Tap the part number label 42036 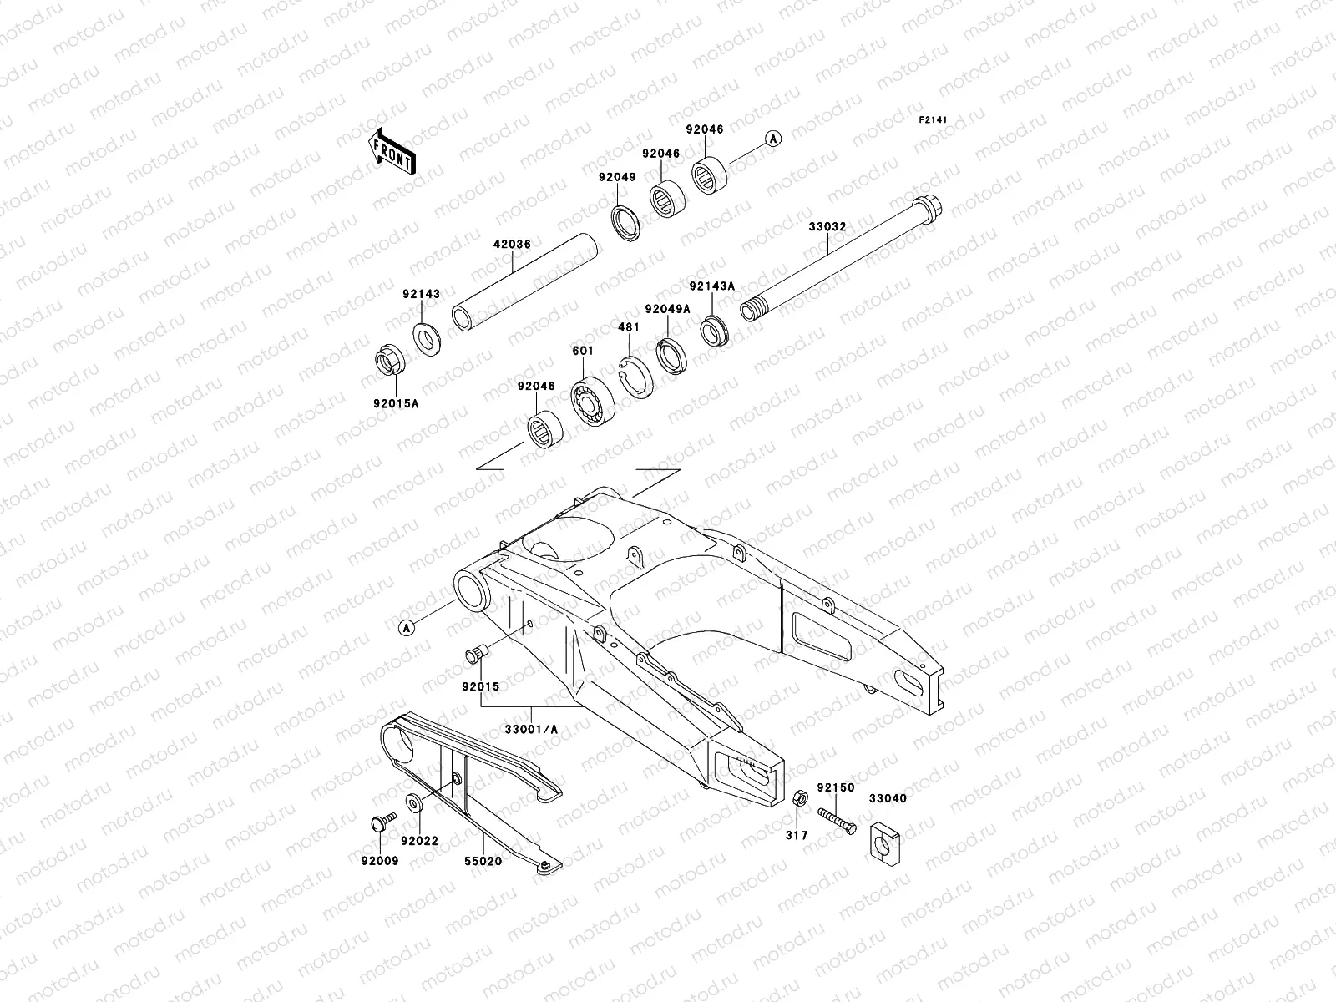point(511,245)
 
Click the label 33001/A point(531,729)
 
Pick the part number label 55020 point(484,861)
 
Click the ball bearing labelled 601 point(594,402)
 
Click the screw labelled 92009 point(377,822)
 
